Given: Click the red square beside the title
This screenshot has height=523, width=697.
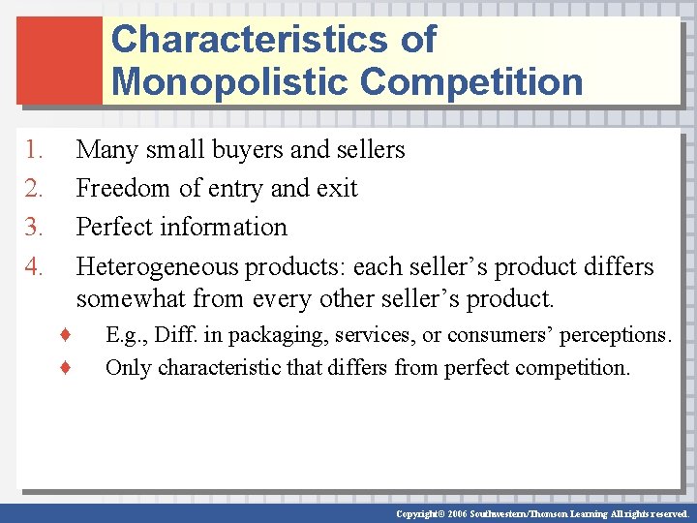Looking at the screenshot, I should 59,59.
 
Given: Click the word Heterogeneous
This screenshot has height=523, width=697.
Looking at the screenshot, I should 158,266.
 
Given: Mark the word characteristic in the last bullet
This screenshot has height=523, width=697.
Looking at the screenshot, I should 224,368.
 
